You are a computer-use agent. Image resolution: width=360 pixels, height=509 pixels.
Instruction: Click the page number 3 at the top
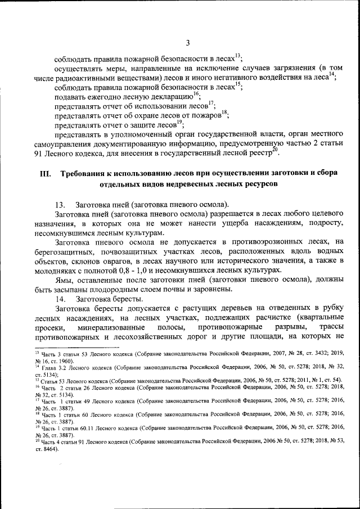point(188,42)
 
